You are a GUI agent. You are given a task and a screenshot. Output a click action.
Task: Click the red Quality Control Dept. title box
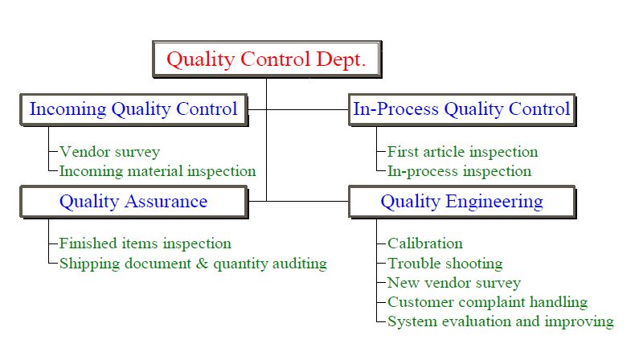click(267, 59)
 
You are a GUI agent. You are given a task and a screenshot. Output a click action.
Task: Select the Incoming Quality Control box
click(133, 110)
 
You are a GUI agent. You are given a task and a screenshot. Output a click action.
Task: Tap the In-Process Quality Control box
click(461, 110)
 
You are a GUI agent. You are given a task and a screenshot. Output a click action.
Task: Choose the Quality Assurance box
click(133, 202)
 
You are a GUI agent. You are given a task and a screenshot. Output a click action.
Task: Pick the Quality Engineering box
click(461, 202)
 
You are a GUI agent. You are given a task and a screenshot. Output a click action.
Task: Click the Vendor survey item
click(110, 152)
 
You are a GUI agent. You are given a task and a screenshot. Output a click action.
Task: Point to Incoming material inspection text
click(158, 171)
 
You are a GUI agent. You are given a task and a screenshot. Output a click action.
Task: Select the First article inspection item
click(462, 152)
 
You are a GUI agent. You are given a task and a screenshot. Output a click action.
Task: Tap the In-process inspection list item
click(459, 171)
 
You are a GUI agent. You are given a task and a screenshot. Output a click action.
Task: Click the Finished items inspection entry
click(145, 243)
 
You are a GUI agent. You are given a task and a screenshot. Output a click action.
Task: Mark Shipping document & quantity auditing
click(193, 264)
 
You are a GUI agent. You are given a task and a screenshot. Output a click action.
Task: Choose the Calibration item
click(425, 243)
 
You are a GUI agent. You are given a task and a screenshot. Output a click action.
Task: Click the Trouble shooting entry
click(445, 264)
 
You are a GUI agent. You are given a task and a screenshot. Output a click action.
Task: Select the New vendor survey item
click(454, 283)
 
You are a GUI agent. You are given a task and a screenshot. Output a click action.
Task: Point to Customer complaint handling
click(488, 302)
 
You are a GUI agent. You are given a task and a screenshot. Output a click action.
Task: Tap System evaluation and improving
click(501, 321)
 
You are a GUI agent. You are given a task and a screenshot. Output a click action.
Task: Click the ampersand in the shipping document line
click(202, 264)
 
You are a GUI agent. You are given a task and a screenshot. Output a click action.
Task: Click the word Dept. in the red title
click(341, 60)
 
